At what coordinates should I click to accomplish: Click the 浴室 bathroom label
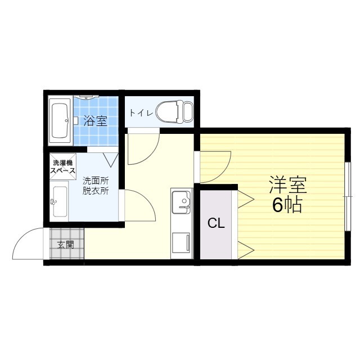click(x=94, y=120)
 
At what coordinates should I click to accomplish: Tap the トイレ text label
click(x=140, y=112)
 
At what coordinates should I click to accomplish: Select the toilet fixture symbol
click(x=171, y=111)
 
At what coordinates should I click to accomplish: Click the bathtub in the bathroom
click(x=59, y=121)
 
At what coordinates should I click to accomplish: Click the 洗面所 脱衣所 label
click(x=96, y=186)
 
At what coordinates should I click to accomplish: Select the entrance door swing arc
click(x=27, y=243)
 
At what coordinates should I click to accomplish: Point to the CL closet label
click(x=216, y=223)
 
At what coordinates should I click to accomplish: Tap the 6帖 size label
click(x=287, y=205)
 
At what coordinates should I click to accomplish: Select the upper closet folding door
click(x=246, y=197)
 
